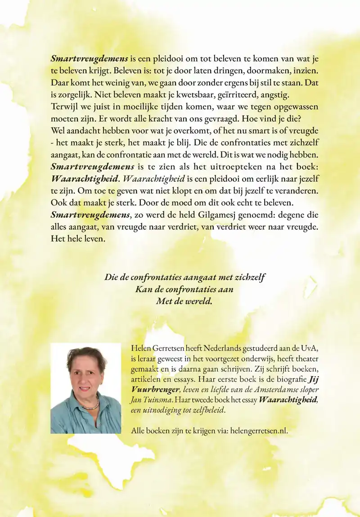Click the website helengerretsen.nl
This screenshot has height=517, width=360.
point(258,431)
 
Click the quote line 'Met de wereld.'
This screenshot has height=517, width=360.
point(184,301)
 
